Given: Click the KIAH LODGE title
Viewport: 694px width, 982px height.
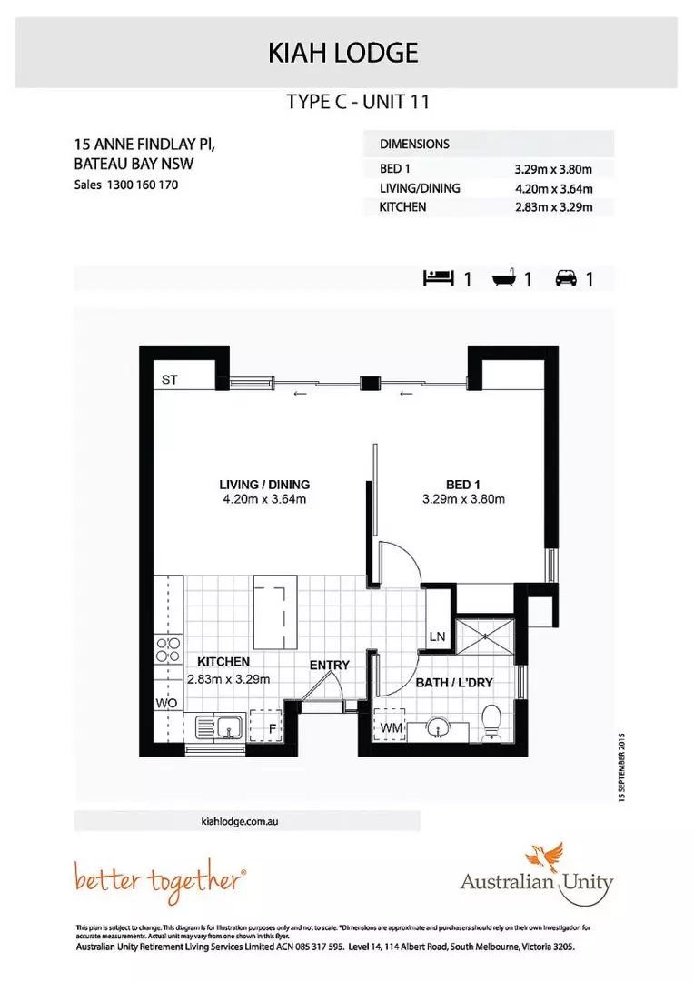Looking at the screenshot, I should click(x=343, y=54).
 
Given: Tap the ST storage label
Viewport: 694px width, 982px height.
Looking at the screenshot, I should click(x=170, y=380).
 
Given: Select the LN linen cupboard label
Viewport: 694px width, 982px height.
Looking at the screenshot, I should click(x=437, y=636).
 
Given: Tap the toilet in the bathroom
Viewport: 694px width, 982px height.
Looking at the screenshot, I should click(x=491, y=723).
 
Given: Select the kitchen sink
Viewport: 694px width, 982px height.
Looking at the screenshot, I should click(x=220, y=727).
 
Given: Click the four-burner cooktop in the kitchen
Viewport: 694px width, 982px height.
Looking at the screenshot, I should click(x=167, y=649).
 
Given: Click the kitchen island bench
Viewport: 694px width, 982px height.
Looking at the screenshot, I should click(x=273, y=608).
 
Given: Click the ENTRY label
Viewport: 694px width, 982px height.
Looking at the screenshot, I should click(x=329, y=666).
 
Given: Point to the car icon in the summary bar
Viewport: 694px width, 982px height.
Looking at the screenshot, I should click(x=565, y=279).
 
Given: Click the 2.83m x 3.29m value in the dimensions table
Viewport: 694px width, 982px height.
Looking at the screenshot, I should click(x=553, y=207).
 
